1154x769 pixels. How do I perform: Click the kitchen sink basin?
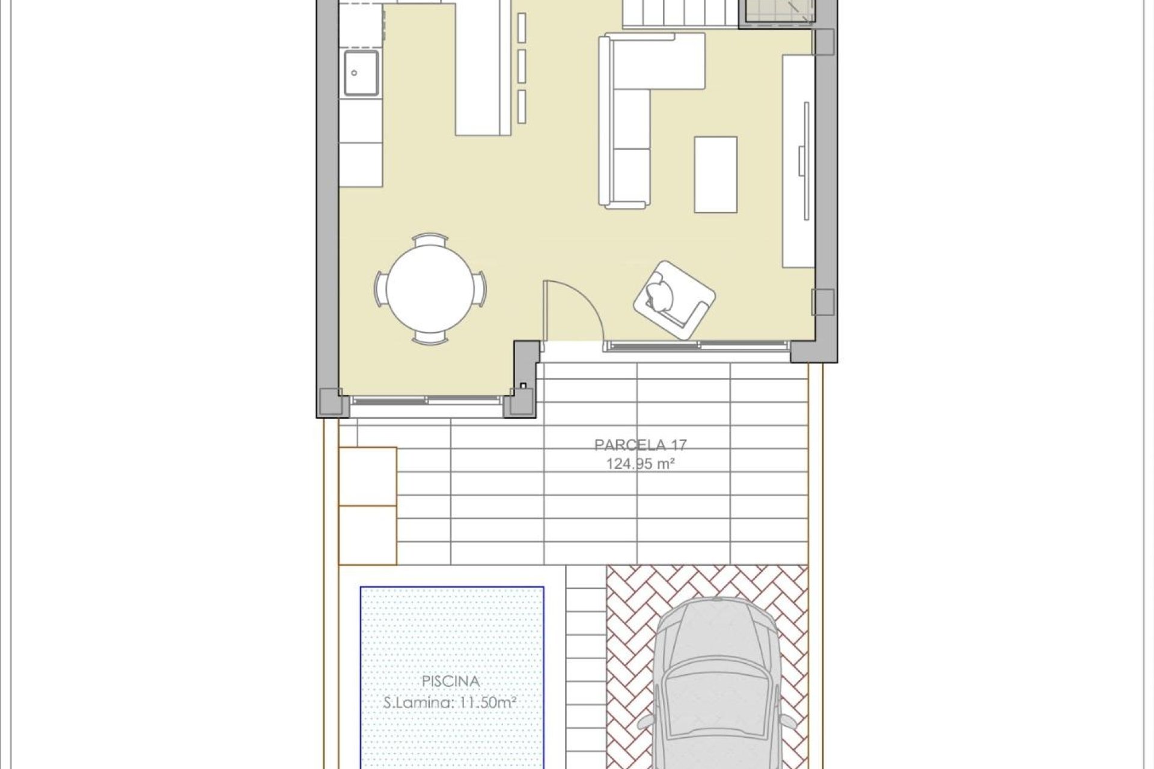[361, 73]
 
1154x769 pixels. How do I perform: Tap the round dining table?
[429, 289]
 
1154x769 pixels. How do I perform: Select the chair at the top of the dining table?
[430, 240]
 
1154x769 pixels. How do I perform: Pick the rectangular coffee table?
[715, 174]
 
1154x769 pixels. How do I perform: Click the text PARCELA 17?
[640, 445]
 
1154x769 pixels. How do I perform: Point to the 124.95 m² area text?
[640, 464]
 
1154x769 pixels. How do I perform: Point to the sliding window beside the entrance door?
[697, 345]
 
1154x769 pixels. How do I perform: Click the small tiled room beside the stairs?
[778, 11]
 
